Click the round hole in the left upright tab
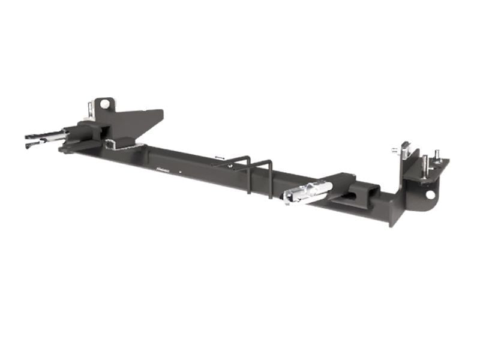coord(105,104)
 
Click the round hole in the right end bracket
coord(430,194)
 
